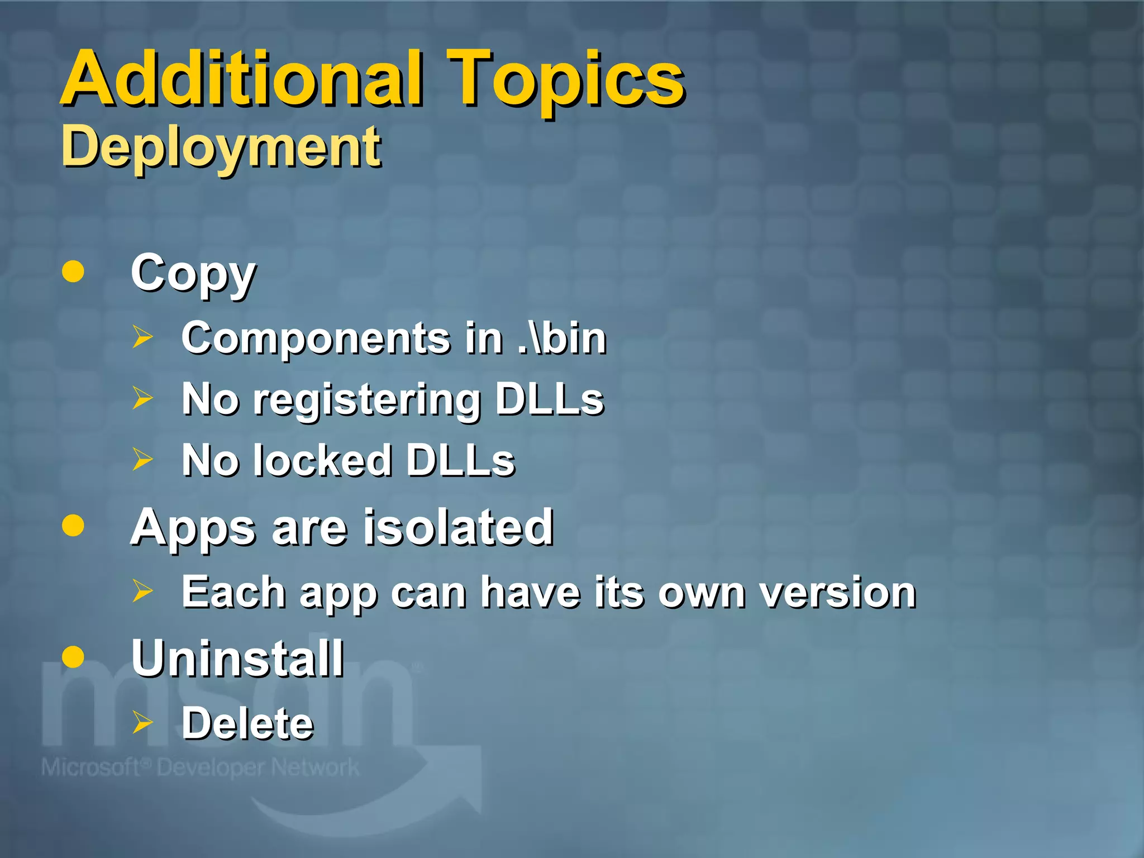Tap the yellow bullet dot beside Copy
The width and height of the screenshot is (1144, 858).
pyautogui.click(x=73, y=271)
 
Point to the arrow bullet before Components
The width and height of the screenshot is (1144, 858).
pyautogui.click(x=142, y=337)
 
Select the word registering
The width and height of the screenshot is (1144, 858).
pyautogui.click(x=367, y=400)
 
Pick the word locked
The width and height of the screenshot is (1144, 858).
pyautogui.click(x=322, y=461)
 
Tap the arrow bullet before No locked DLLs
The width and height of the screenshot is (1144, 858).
pyautogui.click(x=142, y=459)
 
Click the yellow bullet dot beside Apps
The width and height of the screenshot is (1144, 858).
pyautogui.click(x=73, y=525)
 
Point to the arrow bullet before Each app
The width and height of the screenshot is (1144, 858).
pyautogui.click(x=142, y=590)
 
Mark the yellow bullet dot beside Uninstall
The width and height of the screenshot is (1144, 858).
pyautogui.click(x=73, y=657)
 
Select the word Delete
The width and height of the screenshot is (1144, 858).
pyautogui.click(x=247, y=723)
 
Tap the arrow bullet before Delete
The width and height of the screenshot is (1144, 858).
pyautogui.click(x=142, y=722)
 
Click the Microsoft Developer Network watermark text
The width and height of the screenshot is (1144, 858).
pyautogui.click(x=200, y=768)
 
